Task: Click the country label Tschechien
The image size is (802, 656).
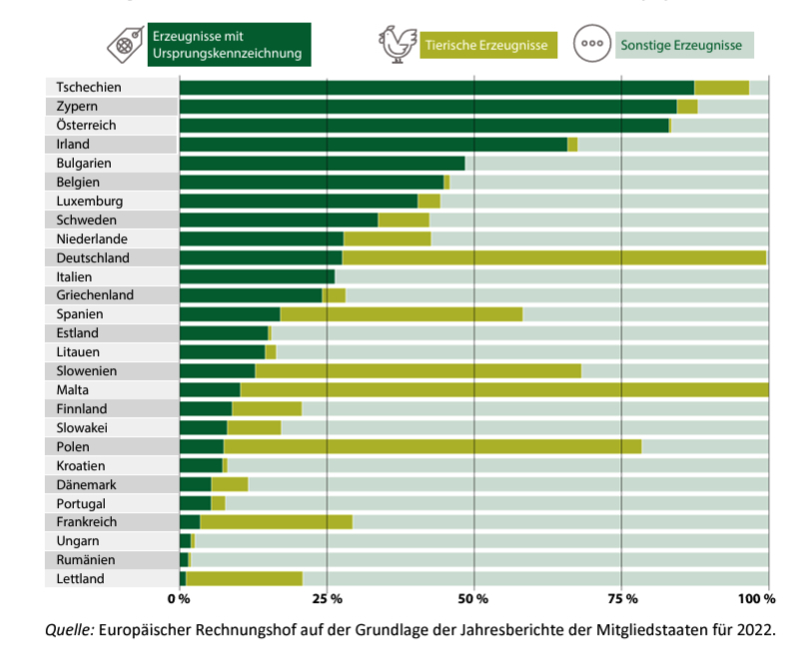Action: point(89,87)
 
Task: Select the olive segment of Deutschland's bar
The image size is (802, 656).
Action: point(553,258)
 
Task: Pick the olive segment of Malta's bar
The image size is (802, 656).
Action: point(504,390)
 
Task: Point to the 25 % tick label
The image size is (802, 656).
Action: point(327,598)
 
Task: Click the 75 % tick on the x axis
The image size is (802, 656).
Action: point(622,598)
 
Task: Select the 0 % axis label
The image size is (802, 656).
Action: point(179,598)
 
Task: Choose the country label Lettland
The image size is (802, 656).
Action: point(80,579)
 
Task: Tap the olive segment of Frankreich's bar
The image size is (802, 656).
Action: point(277,522)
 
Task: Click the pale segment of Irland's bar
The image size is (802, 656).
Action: point(672,144)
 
